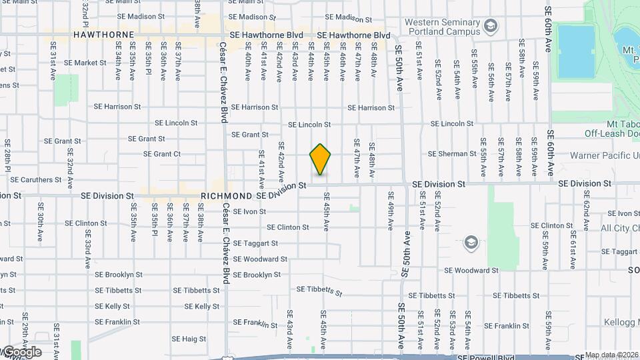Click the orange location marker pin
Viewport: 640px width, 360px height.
tap(321, 159)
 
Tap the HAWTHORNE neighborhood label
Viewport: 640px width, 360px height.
tap(104, 34)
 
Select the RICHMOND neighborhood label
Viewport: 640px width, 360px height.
tap(226, 196)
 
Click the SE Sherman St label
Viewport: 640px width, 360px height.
tap(453, 154)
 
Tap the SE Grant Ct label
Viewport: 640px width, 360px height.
tap(162, 154)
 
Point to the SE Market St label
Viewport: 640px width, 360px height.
tap(85, 63)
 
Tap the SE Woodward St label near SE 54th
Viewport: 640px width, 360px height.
tap(471, 271)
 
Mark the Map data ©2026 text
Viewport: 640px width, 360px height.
tap(611, 355)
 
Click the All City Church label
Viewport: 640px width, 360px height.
tap(619, 228)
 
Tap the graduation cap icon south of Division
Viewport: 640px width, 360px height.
tap(471, 242)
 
